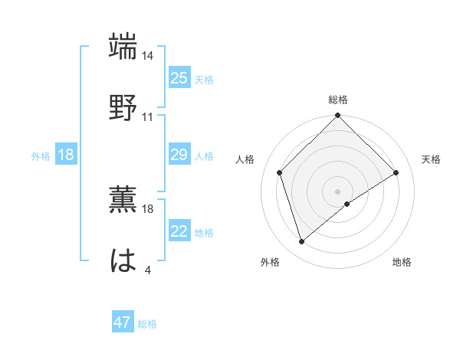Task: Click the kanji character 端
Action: click(124, 47)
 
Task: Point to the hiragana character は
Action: click(124, 260)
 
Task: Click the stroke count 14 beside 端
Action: click(149, 56)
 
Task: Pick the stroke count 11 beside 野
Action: click(148, 117)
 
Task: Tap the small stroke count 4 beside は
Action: click(148, 270)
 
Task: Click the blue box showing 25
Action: click(179, 78)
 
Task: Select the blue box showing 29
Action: click(179, 155)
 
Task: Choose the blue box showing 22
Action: click(179, 231)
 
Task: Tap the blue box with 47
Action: click(123, 322)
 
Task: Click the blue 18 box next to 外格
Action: click(66, 155)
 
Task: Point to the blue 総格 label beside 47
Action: click(147, 324)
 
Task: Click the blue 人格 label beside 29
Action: click(204, 155)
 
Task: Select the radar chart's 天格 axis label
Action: click(431, 159)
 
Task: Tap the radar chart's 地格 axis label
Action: click(402, 263)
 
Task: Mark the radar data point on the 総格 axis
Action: click(337, 116)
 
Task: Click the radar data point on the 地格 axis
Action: click(347, 204)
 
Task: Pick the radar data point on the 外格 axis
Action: click(302, 242)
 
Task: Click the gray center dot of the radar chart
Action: click(337, 191)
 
